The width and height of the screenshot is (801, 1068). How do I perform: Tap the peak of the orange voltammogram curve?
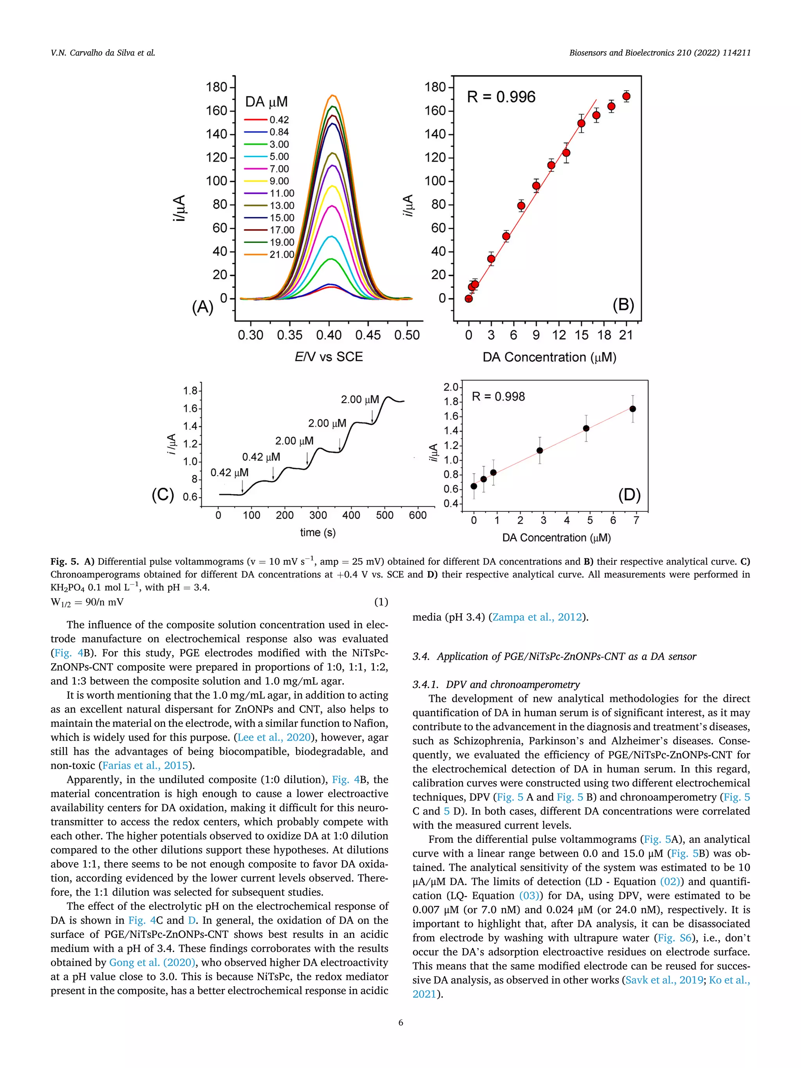tap(332, 95)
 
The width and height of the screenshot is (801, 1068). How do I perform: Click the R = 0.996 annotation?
tap(501, 97)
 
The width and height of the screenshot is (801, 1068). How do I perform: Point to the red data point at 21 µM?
tap(626, 96)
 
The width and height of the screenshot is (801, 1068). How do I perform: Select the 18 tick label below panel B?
tap(603, 335)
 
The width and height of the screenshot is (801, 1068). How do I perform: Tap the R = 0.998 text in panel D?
tap(498, 397)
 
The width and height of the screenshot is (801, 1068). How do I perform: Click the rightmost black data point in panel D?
tap(632, 409)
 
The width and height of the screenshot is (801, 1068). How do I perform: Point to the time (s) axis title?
tap(317, 533)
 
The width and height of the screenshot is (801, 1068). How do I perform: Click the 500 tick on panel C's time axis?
tap(384, 515)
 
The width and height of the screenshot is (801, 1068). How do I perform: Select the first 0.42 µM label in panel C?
tap(229, 473)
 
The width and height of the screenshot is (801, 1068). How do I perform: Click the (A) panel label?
tap(202, 307)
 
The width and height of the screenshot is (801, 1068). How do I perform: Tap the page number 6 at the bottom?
tap(400, 1022)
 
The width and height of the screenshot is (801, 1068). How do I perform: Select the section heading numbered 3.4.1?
tap(496, 685)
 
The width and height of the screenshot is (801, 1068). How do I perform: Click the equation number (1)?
tap(381, 602)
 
